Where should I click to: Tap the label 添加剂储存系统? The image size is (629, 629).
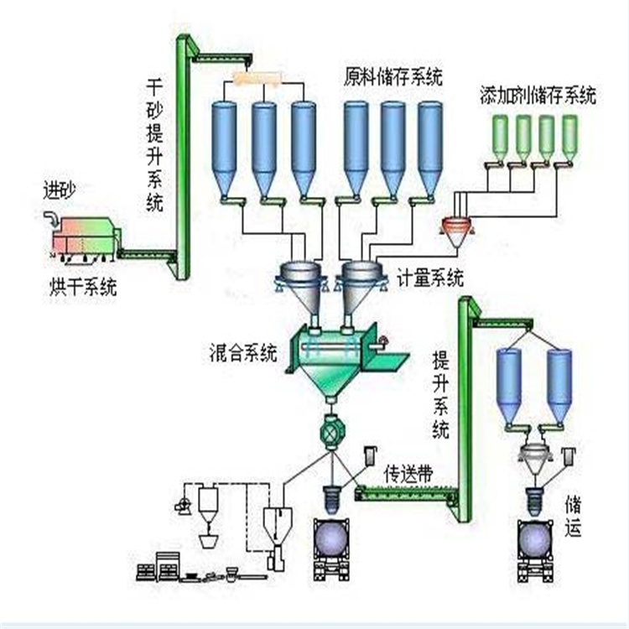click(x=538, y=95)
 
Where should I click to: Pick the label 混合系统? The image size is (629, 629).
click(x=244, y=353)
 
